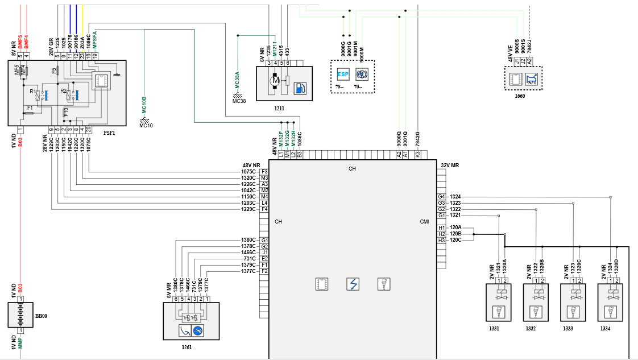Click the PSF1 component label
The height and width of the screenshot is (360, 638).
(109, 133)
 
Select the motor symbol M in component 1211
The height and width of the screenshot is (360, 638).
(275, 82)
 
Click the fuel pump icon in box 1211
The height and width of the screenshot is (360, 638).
(300, 89)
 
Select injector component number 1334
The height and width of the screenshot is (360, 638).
(606, 329)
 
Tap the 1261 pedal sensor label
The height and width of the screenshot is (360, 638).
(187, 346)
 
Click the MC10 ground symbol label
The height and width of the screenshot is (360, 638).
(146, 126)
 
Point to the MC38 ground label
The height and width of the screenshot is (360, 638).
(239, 101)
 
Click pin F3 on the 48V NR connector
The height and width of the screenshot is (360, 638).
(264, 171)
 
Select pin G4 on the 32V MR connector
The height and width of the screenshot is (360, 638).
(441, 197)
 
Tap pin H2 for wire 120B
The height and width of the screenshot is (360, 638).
(441, 234)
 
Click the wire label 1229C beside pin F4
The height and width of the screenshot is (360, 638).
(249, 209)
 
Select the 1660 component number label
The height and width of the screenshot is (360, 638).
(519, 96)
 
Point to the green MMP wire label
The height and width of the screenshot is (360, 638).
(20, 343)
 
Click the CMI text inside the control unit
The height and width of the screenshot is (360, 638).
(424, 222)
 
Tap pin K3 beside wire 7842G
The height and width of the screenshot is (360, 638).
(417, 154)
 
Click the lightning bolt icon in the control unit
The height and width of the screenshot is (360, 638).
(353, 284)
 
